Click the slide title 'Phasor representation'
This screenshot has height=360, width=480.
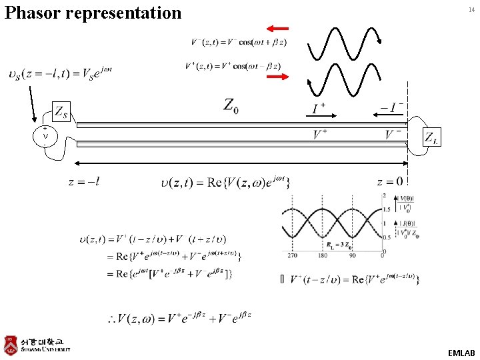pyautogui.click(x=93, y=13)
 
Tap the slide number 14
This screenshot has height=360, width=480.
pyautogui.click(x=471, y=9)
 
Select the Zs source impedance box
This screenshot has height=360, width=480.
pyautogui.click(x=60, y=111)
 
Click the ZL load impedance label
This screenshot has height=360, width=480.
pyautogui.click(x=432, y=137)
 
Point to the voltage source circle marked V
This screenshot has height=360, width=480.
pyautogui.click(x=45, y=137)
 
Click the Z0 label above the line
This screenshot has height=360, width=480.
pyautogui.click(x=231, y=105)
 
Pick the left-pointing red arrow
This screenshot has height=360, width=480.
pyautogui.click(x=277, y=28)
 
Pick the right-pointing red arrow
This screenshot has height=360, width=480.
pyautogui.click(x=277, y=77)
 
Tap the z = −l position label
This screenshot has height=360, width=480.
pyautogui.click(x=84, y=181)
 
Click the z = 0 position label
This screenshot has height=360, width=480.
pyautogui.click(x=389, y=181)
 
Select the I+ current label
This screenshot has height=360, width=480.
pyautogui.click(x=319, y=108)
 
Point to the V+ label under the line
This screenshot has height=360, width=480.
pyautogui.click(x=320, y=135)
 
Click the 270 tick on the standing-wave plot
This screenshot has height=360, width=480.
pyautogui.click(x=291, y=255)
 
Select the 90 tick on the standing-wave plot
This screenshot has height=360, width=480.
pyautogui.click(x=353, y=255)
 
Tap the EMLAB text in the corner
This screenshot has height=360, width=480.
pyautogui.click(x=461, y=353)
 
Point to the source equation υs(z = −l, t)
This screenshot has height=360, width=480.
pyautogui.click(x=60, y=73)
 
